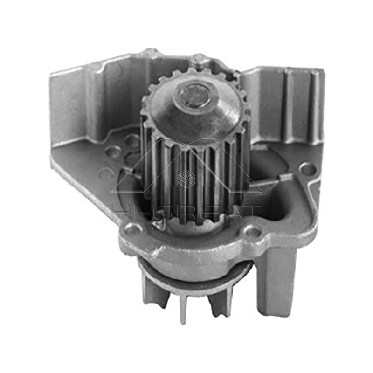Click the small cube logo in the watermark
coord(186,179)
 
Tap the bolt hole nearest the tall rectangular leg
coord(252,230)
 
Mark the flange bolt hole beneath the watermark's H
coord(132,228)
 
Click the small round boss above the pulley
coord(199,59)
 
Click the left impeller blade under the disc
coord(154,289)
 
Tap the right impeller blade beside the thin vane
coord(219,303)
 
